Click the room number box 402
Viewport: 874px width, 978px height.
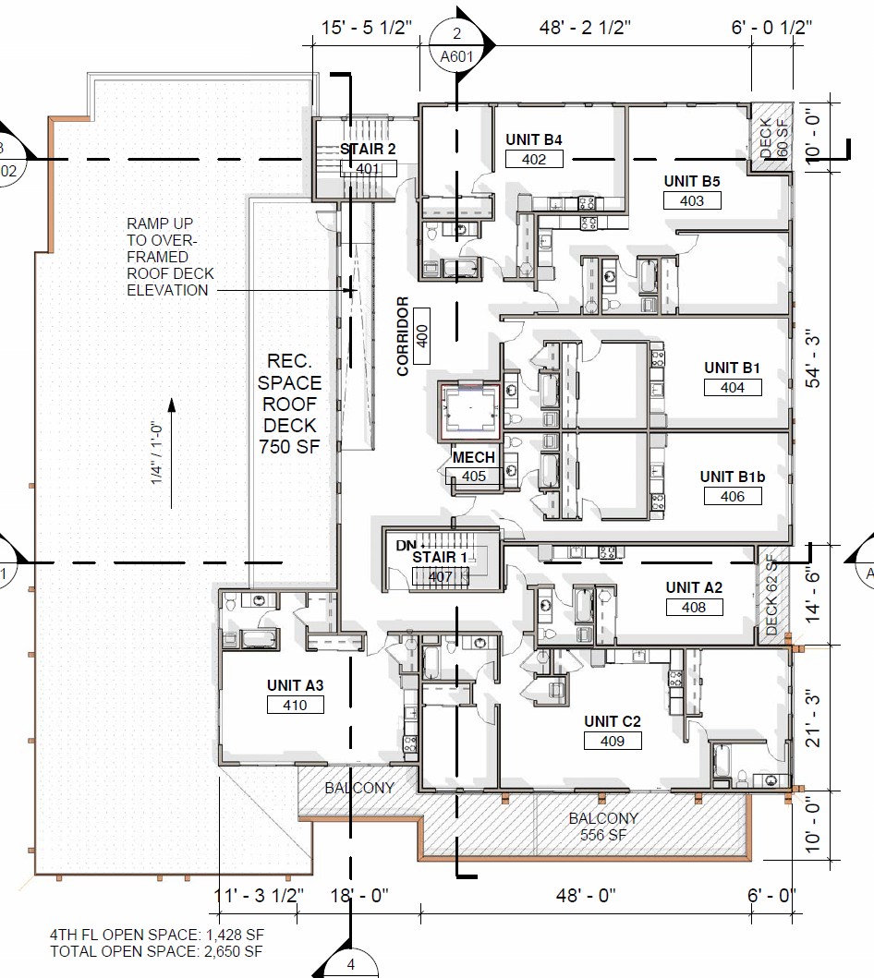(534, 159)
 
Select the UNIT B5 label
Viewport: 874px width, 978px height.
(692, 182)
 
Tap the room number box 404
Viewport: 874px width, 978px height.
(733, 387)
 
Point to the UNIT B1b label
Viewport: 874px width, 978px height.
(733, 477)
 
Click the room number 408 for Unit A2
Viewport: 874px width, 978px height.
(694, 607)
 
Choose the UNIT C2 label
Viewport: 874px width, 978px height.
(612, 721)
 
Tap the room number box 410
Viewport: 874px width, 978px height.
(295, 705)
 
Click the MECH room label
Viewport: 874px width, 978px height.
(474, 457)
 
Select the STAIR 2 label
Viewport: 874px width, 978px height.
(368, 149)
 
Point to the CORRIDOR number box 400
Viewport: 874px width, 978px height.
(421, 336)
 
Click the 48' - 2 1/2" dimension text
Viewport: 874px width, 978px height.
(585, 28)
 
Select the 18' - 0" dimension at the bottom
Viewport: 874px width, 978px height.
(358, 896)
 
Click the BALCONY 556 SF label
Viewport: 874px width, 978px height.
(603, 827)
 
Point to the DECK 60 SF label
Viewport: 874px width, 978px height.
(774, 138)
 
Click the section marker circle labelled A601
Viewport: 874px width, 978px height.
(456, 45)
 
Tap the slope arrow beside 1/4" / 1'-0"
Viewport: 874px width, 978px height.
(172, 453)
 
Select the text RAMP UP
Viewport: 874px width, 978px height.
(160, 223)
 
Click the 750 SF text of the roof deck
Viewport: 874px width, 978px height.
(289, 447)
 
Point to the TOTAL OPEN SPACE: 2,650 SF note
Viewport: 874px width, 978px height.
(156, 952)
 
